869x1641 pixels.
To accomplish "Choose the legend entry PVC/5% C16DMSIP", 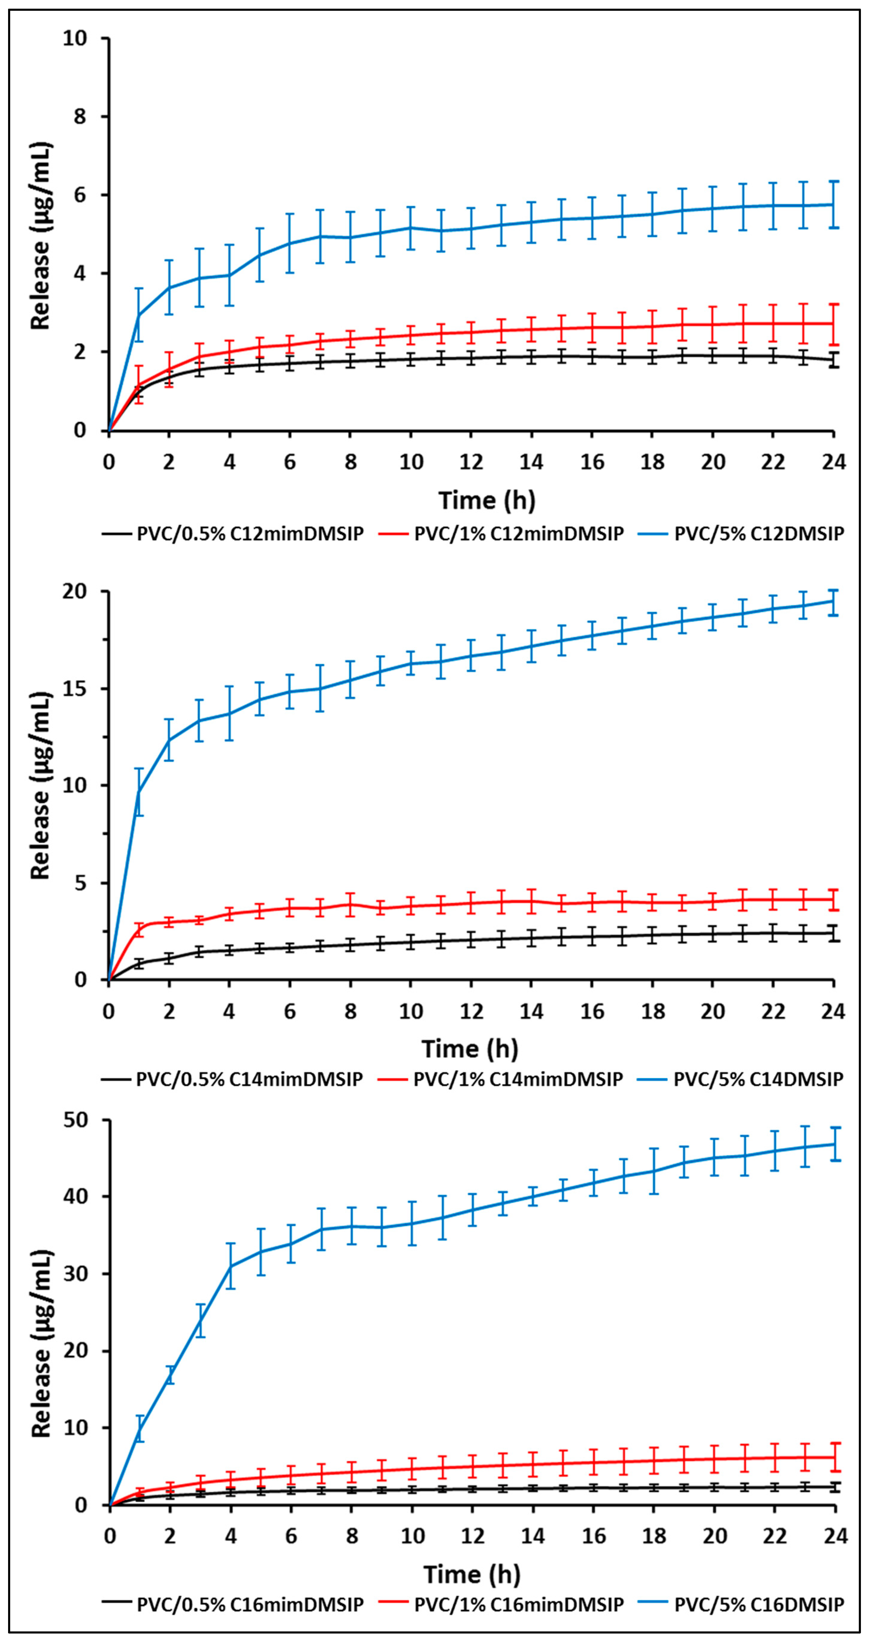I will click(x=758, y=1604).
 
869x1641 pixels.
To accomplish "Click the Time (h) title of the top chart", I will click(x=487, y=500).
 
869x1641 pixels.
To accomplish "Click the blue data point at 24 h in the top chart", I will click(x=833, y=204).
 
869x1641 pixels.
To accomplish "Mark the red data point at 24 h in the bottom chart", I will click(x=835, y=1457).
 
